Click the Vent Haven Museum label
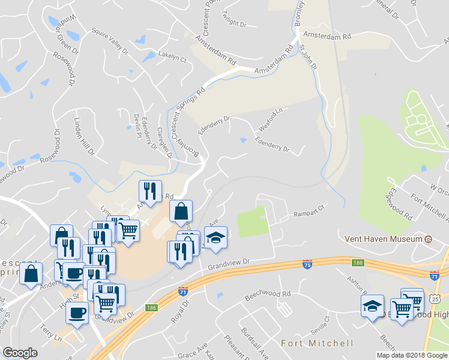pos(383,239)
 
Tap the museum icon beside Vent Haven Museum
pos(428,239)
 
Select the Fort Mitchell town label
pos(317,343)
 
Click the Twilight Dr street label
pos(234,21)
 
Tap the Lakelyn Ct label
pos(172,55)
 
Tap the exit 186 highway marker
pos(151,307)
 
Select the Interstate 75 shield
pos(307,264)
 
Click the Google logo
pos(20,353)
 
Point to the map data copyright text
pos(412,355)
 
